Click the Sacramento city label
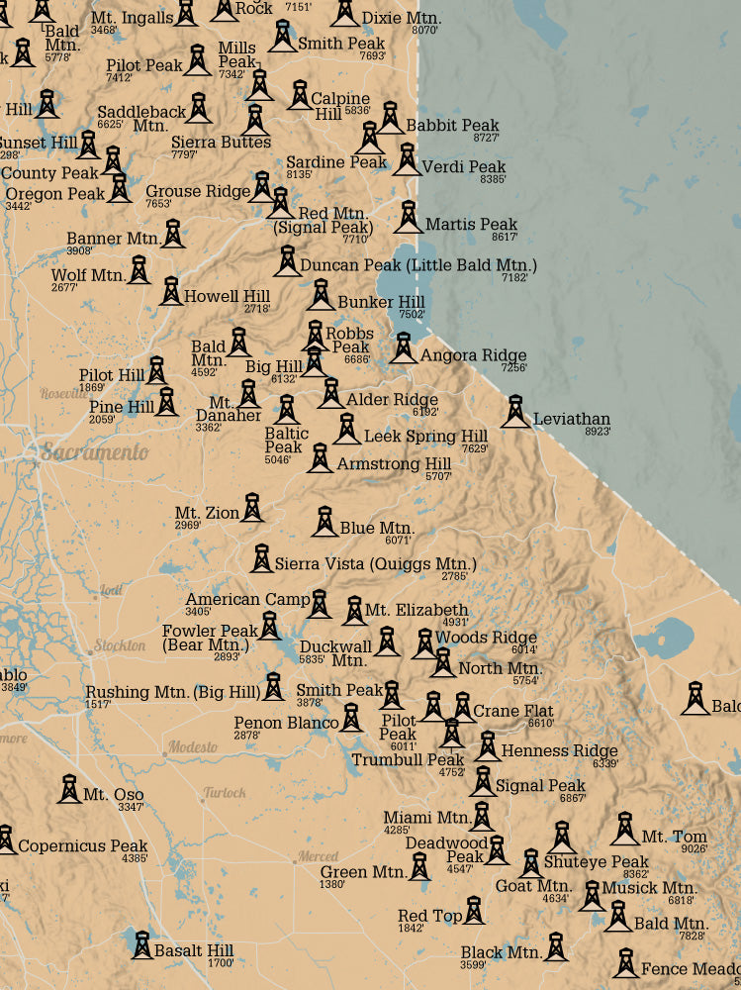tap(94, 452)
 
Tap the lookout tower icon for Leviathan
tap(514, 411)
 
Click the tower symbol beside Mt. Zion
tap(252, 507)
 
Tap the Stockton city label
tap(120, 645)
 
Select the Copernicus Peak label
tap(83, 846)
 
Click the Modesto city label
tap(192, 746)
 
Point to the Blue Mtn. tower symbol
tap(324, 521)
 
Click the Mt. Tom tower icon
tap(624, 829)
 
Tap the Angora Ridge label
tap(473, 355)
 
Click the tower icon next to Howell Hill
tap(170, 291)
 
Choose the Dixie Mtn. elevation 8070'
tap(424, 31)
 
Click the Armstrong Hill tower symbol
tap(319, 457)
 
